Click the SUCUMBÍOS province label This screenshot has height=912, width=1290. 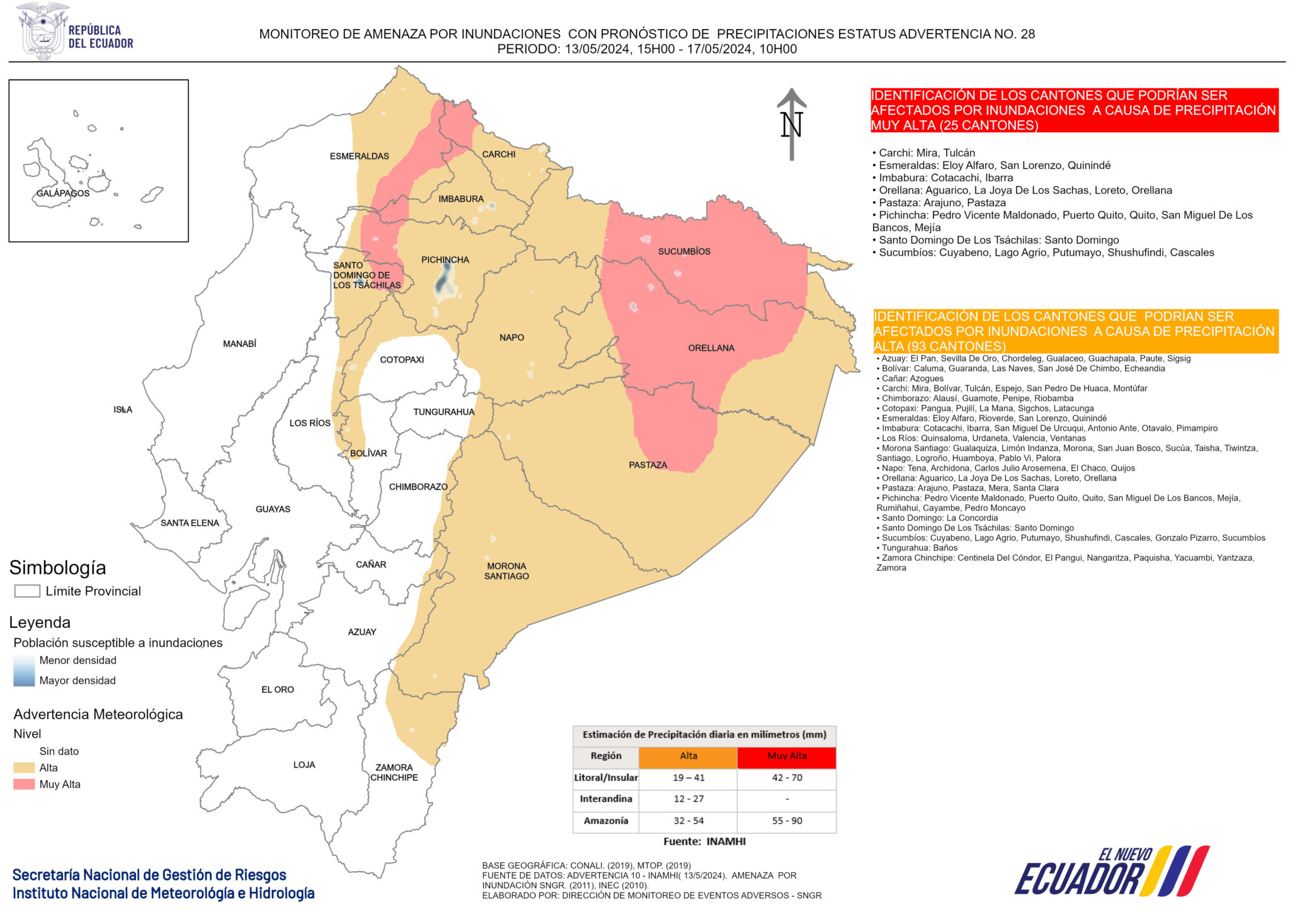tap(684, 251)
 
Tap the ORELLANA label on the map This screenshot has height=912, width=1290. tap(711, 348)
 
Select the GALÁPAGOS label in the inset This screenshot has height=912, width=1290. tap(63, 193)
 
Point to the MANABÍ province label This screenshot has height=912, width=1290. tap(239, 344)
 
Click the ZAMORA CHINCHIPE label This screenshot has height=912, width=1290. tap(394, 772)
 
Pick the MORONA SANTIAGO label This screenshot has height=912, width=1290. tap(506, 571)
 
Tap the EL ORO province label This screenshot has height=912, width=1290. tap(278, 690)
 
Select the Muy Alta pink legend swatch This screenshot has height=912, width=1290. tap(24, 784)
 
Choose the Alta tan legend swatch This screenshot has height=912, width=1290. tap(24, 768)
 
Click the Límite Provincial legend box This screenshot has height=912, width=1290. tap(27, 591)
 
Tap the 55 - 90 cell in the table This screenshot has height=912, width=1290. tap(787, 821)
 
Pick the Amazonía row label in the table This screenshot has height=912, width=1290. tap(605, 821)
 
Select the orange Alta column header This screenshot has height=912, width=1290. tap(688, 756)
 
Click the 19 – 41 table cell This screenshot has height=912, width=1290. tap(688, 778)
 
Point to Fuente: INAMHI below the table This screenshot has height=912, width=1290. tap(704, 841)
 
